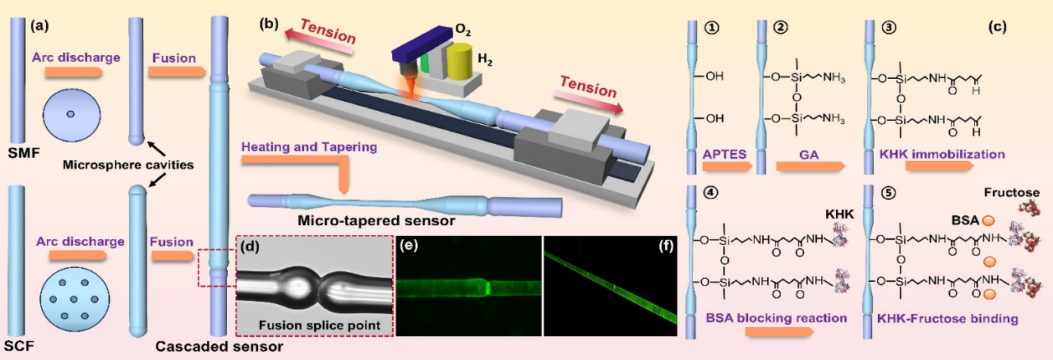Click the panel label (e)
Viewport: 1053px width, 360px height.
coord(409,246)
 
